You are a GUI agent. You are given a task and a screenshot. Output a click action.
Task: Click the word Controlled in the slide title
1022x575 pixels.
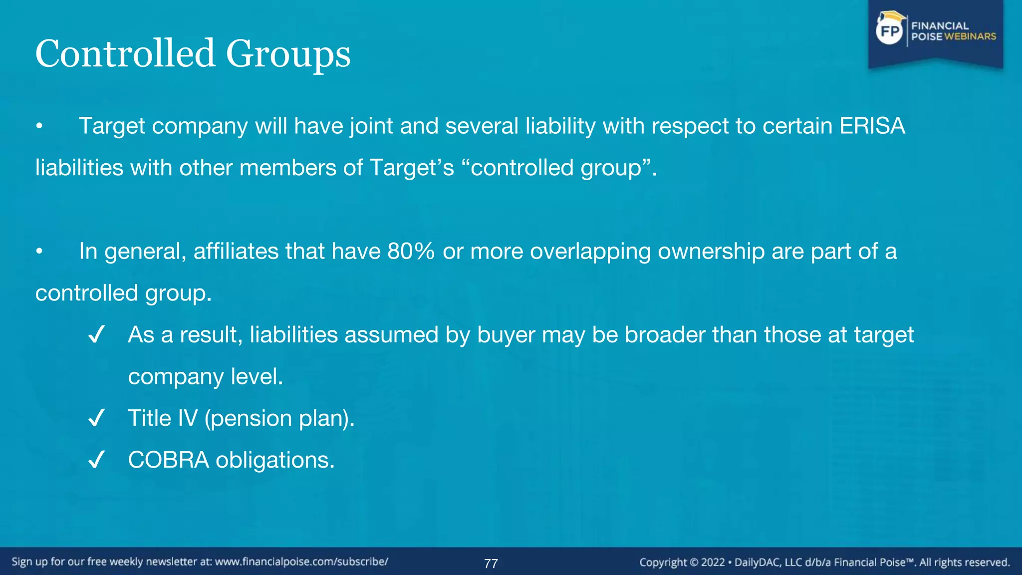[x=125, y=53]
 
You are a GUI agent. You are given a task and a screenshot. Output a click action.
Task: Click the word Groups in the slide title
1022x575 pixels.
[x=288, y=55]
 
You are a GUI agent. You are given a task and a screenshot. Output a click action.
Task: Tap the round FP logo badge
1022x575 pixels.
[x=890, y=31]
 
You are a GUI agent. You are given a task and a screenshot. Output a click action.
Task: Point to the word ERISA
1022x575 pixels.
[x=872, y=126]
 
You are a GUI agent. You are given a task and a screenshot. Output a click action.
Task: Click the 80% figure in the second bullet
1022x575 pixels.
[x=411, y=251]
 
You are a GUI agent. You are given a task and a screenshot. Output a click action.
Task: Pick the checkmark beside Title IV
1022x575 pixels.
[x=96, y=418]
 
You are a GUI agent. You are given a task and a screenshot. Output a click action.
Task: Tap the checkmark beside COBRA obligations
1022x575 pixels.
[x=96, y=459]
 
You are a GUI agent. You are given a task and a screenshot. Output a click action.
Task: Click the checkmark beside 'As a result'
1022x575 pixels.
[x=96, y=334]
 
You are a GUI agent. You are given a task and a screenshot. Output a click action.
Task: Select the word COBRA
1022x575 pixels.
[x=168, y=460]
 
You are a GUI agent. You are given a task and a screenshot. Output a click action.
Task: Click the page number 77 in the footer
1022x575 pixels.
[x=491, y=564]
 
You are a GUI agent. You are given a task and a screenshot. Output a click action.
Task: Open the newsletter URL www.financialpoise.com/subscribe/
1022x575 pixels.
[x=301, y=562]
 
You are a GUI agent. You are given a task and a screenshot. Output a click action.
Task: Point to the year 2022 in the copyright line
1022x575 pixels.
[x=713, y=563]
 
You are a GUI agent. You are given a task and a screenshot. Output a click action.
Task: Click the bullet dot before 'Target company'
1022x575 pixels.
[x=39, y=126]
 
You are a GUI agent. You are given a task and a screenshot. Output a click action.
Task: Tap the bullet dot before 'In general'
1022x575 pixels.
[x=39, y=252]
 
